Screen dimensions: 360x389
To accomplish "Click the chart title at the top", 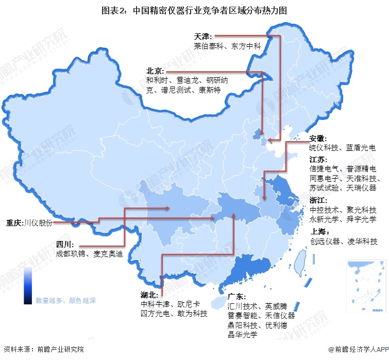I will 194,10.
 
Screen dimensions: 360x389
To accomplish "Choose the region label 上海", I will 318,231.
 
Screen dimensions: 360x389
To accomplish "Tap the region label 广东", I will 237,297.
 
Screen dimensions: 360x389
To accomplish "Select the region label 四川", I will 64,244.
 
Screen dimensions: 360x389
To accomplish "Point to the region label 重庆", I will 14,223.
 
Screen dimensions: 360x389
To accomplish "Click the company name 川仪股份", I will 38,223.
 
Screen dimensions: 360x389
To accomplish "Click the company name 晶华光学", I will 242,334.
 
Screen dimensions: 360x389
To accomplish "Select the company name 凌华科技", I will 360,240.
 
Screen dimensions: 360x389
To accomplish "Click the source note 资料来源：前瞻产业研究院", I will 43,350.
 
